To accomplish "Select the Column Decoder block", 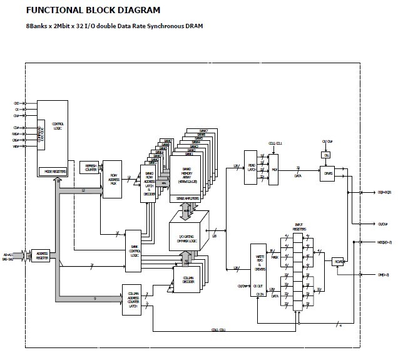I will [x=186, y=280].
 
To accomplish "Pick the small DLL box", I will [x=326, y=155].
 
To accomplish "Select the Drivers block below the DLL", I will [x=327, y=174].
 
